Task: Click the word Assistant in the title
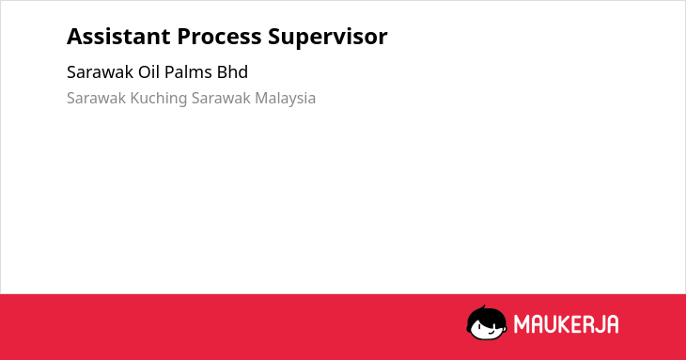tap(118, 37)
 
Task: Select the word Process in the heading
tap(219, 37)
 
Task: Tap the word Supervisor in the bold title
tap(328, 38)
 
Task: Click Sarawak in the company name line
tap(101, 72)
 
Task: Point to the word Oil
tap(148, 72)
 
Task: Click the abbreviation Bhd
tap(232, 72)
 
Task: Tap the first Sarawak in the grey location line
tap(96, 98)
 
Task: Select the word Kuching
tap(159, 99)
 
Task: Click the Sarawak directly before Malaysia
tap(221, 98)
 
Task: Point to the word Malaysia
tap(286, 99)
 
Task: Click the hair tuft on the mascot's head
tap(483, 307)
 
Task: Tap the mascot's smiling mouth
tap(491, 333)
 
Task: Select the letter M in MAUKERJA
tap(521, 324)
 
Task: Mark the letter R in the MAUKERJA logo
tap(586, 324)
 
